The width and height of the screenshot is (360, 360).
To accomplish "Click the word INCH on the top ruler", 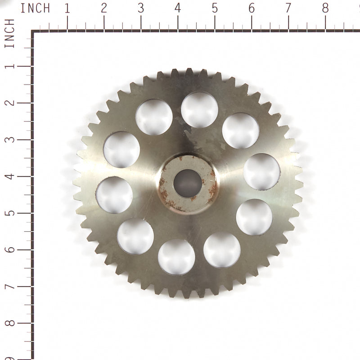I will [x=36, y=8].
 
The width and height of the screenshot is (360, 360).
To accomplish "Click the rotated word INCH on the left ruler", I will [x=9, y=34].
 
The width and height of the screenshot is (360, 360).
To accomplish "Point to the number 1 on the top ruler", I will [x=67, y=8].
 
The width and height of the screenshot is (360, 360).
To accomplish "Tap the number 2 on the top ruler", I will [x=104, y=8].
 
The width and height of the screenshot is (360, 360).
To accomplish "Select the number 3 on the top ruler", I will [x=141, y=8].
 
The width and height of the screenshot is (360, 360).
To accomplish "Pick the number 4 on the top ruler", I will [x=178, y=8].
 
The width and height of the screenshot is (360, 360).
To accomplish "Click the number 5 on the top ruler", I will [x=215, y=8].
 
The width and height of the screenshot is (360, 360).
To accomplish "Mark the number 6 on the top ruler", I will [x=252, y=8].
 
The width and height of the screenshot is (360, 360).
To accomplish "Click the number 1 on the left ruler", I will [x=9, y=66].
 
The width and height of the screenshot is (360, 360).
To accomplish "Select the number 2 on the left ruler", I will [x=9, y=103].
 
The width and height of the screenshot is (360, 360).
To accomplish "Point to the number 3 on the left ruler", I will [x=9, y=139].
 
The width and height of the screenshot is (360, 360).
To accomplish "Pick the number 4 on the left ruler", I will [x=9, y=176].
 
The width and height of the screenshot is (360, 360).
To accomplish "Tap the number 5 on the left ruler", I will [x=9, y=213].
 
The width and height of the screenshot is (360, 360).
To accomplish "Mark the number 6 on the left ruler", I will [x=9, y=250].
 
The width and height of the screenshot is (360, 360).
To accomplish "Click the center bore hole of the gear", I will [x=187, y=184].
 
